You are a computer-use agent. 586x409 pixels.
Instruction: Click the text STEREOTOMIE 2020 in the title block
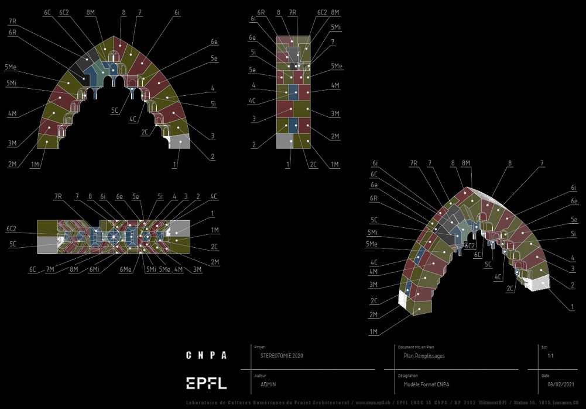click(282, 355)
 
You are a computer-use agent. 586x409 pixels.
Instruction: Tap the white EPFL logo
click(206, 383)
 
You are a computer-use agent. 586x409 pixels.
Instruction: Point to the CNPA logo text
click(206, 355)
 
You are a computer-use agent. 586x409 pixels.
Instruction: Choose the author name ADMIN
click(268, 384)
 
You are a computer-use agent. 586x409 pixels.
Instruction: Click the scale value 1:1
click(550, 355)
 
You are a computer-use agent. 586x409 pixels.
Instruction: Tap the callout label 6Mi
click(97, 269)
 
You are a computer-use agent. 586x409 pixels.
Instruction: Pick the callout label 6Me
click(126, 269)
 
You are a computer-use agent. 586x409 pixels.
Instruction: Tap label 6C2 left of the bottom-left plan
click(11, 228)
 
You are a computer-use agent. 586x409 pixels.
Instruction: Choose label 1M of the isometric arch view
click(373, 332)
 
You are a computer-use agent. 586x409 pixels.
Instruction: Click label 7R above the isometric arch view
click(414, 162)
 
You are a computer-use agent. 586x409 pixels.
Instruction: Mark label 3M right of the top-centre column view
click(335, 113)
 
